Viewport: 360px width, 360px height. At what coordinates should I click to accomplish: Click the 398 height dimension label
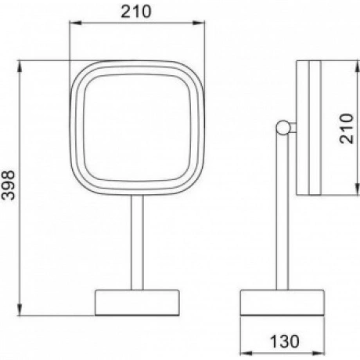(8, 185)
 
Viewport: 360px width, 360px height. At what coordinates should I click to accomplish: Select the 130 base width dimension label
(284, 341)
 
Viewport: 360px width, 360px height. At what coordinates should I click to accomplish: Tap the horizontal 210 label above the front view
(136, 12)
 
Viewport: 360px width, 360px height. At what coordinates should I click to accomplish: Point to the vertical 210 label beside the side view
(347, 128)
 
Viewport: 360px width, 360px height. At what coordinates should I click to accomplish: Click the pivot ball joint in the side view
(283, 128)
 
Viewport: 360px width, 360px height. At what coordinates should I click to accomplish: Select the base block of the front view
(137, 302)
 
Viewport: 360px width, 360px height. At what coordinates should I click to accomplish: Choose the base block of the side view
(283, 303)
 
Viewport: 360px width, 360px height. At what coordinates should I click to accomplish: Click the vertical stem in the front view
(137, 242)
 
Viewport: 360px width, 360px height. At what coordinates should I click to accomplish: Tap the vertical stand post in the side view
(283, 211)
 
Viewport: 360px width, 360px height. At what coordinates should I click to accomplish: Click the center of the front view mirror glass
(137, 128)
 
